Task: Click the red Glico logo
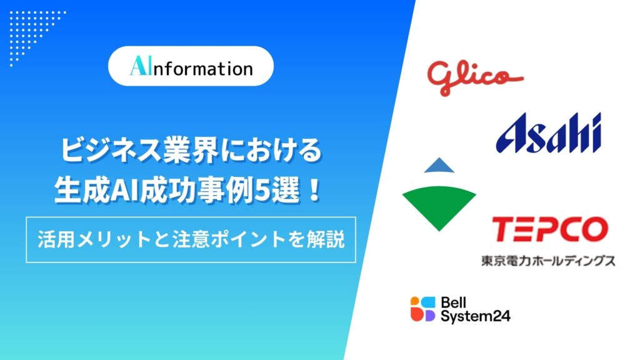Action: click(475, 77)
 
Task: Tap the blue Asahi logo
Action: click(549, 133)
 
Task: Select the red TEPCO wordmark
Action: click(550, 229)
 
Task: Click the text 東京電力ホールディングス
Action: click(548, 261)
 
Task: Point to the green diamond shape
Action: click(439, 204)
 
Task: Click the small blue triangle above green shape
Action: click(439, 165)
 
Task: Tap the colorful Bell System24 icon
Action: click(423, 309)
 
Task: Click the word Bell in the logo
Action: click(454, 302)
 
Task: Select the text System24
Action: click(476, 316)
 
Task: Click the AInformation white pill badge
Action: click(191, 66)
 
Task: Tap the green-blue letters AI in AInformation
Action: click(140, 66)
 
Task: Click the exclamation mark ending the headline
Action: click(314, 191)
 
